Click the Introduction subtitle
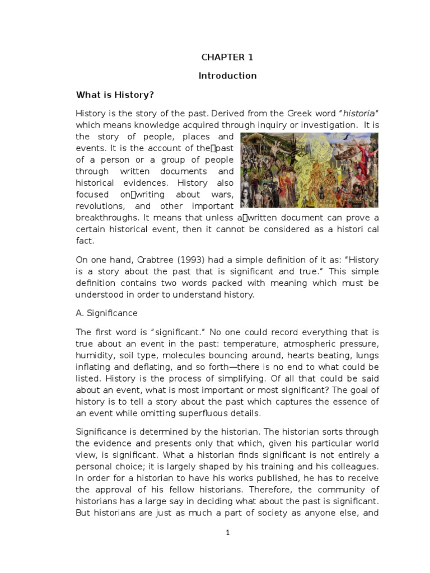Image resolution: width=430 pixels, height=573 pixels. pos(227,76)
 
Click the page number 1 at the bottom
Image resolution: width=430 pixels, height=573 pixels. pos(227,533)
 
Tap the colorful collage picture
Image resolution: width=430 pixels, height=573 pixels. pos(309,170)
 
